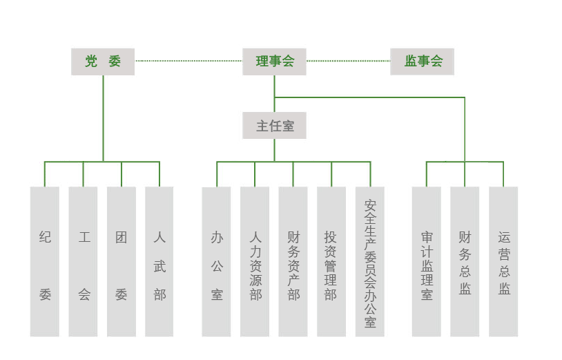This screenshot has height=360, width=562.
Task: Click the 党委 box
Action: (x=103, y=61)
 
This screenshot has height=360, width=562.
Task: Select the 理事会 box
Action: (x=275, y=61)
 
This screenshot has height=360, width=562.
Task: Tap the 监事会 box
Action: (x=423, y=61)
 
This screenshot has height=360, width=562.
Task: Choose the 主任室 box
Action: (x=275, y=126)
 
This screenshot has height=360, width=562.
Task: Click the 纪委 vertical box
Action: (x=45, y=261)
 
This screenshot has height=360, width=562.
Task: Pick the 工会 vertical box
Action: (x=84, y=261)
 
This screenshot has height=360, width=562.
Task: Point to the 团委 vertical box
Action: (x=122, y=261)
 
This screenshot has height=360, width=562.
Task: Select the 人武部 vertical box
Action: (x=159, y=261)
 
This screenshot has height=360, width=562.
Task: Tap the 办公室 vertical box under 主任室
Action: (x=217, y=261)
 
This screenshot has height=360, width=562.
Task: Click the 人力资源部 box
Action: (x=255, y=261)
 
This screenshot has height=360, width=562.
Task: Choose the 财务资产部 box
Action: (x=293, y=261)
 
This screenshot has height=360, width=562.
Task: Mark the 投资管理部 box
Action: (x=331, y=261)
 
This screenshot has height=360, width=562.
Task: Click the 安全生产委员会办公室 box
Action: (x=370, y=261)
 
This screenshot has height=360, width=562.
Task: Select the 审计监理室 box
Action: (x=427, y=261)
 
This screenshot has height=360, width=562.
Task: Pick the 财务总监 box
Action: (x=465, y=261)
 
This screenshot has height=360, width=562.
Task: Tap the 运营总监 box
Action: (x=503, y=261)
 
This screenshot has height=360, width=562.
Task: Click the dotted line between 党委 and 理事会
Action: (x=188, y=61)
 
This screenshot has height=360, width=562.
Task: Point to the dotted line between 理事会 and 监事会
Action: (x=348, y=61)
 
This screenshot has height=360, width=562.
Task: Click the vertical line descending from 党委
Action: (x=103, y=117)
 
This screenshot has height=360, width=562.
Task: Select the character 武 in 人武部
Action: (x=159, y=266)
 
